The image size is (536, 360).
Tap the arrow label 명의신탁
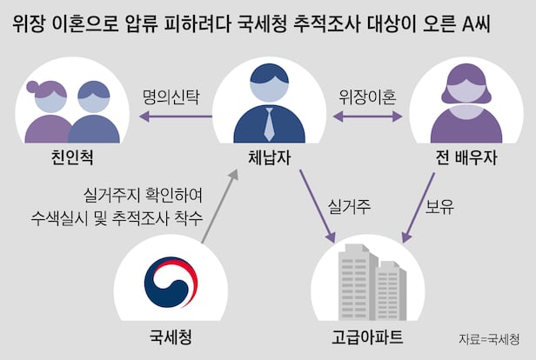pyautogui.click(x=170, y=97)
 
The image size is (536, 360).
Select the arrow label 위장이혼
pyautogui.click(x=366, y=97)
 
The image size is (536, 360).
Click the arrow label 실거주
pyautogui.click(x=349, y=207)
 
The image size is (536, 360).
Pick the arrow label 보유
pyautogui.click(x=438, y=207)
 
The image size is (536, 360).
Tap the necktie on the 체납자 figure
pyautogui.click(x=269, y=123)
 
